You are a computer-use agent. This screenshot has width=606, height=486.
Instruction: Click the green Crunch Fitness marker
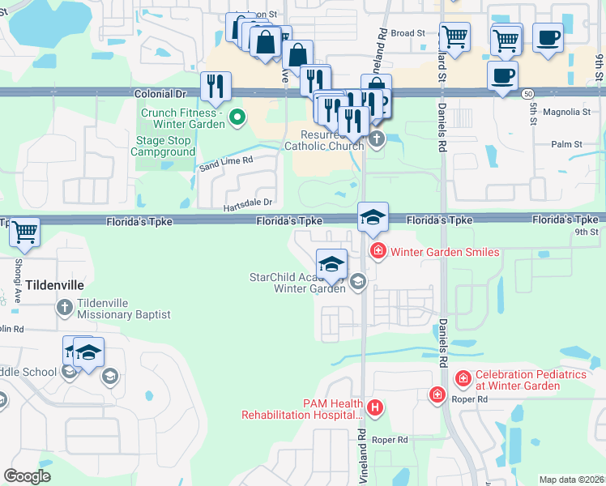click(237, 119)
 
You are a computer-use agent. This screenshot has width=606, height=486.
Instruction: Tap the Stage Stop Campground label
click(165, 146)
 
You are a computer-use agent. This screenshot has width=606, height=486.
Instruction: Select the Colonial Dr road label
click(164, 94)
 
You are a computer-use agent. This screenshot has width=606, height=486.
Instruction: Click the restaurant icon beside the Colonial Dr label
click(216, 87)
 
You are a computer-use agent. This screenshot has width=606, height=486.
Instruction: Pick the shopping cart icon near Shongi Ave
click(24, 232)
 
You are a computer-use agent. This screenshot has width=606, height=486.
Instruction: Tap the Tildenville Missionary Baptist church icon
click(65, 308)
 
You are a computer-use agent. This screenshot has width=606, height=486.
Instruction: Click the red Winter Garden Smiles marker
click(377, 252)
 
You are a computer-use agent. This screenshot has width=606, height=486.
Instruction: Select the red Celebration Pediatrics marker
click(463, 379)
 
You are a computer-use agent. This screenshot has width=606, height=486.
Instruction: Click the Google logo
click(27, 476)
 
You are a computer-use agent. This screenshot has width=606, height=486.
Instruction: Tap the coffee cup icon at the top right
click(548, 37)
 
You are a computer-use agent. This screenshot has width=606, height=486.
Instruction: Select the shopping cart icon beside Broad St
click(454, 36)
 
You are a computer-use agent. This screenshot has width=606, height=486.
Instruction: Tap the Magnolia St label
click(566, 112)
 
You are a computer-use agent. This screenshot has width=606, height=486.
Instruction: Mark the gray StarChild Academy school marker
click(357, 282)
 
